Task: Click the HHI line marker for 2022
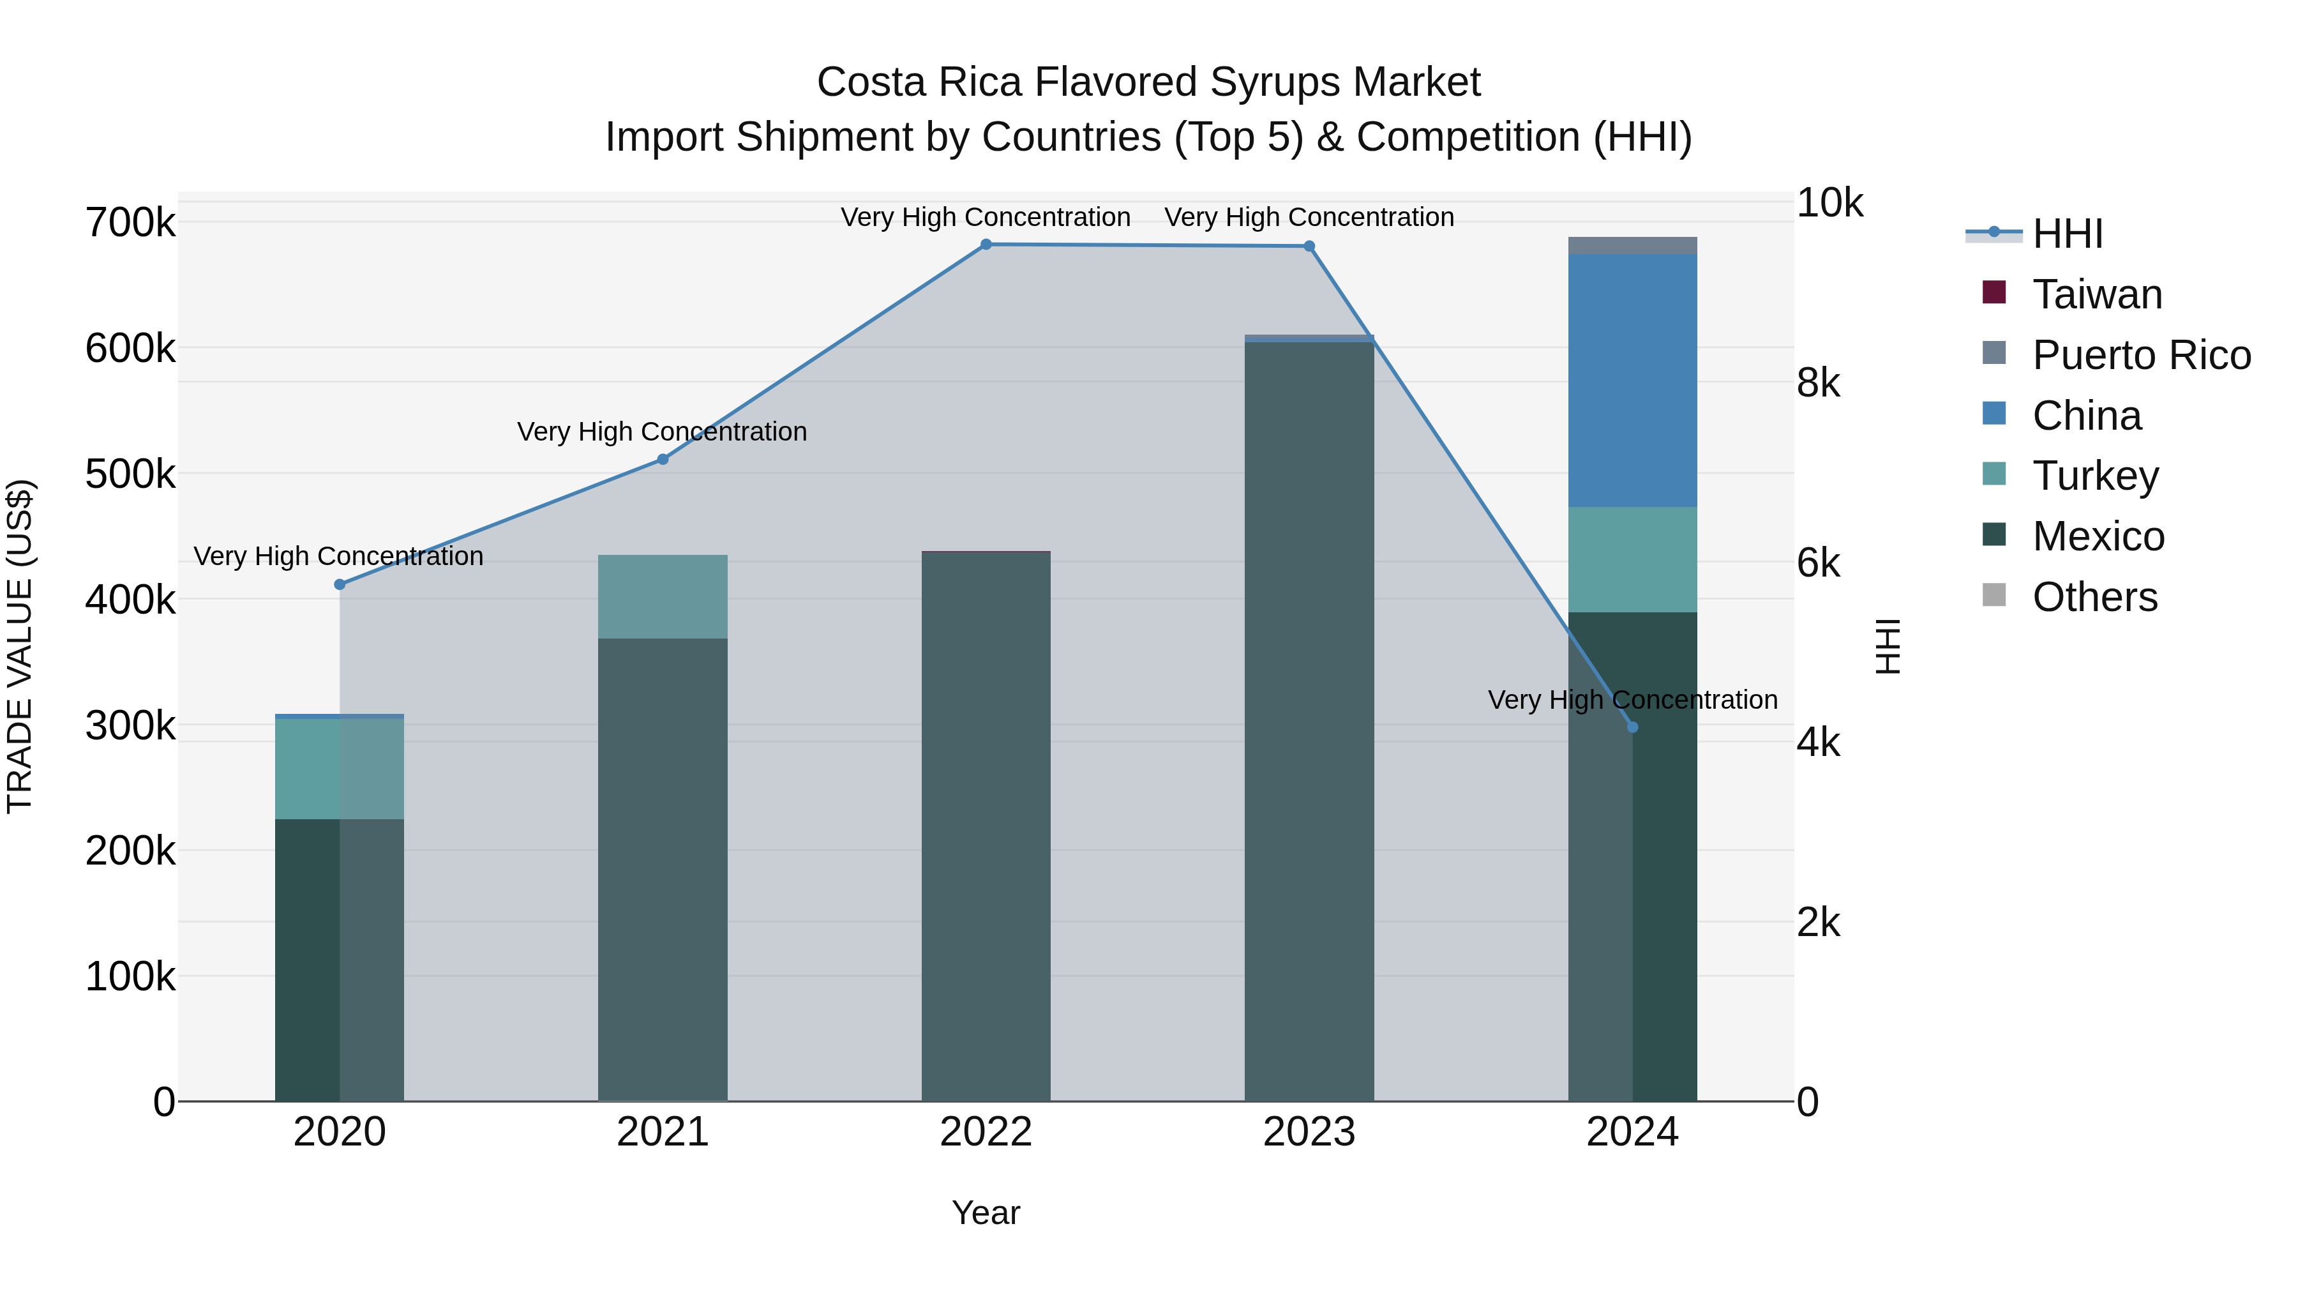pos(986,245)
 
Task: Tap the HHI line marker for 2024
pos(1632,727)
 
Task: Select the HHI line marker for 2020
pos(339,584)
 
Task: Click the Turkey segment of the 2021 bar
pos(662,596)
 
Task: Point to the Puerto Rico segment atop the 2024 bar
pos(1632,245)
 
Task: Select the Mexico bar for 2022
pos(986,826)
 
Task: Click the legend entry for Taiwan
pos(2096,294)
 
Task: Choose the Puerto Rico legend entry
pos(2141,355)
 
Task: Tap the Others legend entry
pos(2094,597)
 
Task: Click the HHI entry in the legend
pos(2067,234)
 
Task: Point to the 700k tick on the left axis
pos(130,222)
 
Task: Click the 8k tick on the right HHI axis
pos(1818,383)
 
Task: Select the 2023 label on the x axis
pos(1309,1132)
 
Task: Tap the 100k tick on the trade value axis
pos(130,977)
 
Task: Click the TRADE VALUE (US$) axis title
pos(20,646)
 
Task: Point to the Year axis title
pos(986,1213)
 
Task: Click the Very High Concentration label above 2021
pos(662,432)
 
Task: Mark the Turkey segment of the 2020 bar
pos(339,768)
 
